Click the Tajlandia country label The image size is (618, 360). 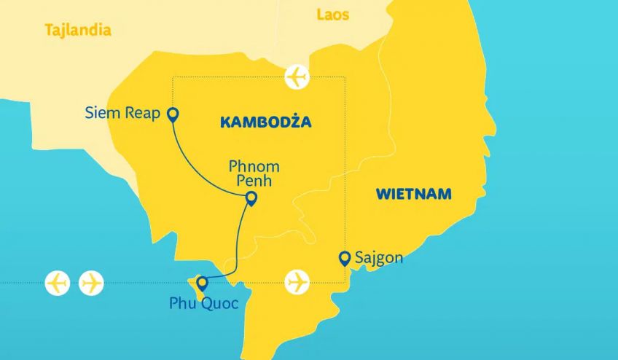click(78, 31)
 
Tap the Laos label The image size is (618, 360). click(333, 15)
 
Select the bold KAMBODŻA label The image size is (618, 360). click(265, 122)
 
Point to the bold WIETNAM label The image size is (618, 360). click(413, 194)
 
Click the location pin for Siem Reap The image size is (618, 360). click(173, 114)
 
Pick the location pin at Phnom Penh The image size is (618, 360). click(251, 198)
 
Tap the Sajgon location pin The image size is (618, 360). click(345, 257)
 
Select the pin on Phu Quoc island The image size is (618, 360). click(203, 283)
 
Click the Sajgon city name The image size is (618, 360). click(378, 258)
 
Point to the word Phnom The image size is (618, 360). click(254, 166)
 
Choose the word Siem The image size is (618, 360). click(102, 113)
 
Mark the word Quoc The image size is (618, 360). click(219, 303)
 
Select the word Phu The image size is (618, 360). click(182, 303)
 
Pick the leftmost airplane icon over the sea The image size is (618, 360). click(57, 283)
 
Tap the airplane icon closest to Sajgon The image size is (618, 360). click(297, 281)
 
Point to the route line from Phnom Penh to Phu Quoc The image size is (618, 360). click(237, 240)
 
